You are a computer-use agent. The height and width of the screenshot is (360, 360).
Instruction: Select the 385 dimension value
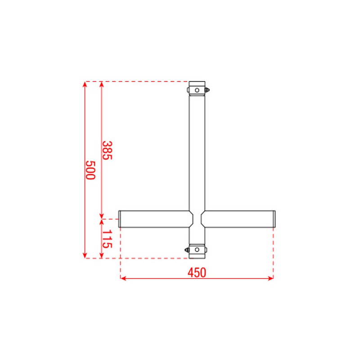pyautogui.click(x=107, y=150)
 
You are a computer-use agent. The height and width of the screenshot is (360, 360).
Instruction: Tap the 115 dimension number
pyautogui.click(x=107, y=239)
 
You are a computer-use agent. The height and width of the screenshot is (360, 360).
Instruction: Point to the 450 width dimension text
pyautogui.click(x=197, y=272)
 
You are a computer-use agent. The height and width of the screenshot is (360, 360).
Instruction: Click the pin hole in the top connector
pyautogui.click(x=197, y=90)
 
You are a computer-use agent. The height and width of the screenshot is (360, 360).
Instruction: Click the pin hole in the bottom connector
pyautogui.click(x=197, y=249)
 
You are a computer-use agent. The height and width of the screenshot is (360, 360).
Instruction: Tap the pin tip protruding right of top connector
pyautogui.click(x=209, y=90)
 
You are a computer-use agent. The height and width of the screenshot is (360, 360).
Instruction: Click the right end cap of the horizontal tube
pyautogui.click(x=274, y=219)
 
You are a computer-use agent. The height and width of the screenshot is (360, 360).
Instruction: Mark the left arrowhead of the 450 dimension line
pyautogui.click(x=123, y=279)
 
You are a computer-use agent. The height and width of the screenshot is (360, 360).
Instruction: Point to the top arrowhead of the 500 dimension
pyautogui.click(x=85, y=84)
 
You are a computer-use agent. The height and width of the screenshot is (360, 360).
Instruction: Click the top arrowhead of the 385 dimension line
pyautogui.click(x=102, y=84)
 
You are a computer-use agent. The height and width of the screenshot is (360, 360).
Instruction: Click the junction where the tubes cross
pyautogui.click(x=197, y=219)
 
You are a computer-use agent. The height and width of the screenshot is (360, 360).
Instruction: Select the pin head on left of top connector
pyautogui.click(x=187, y=90)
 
